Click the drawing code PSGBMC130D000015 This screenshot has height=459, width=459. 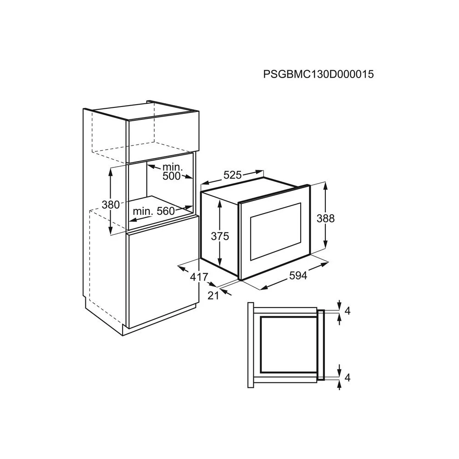pyautogui.click(x=319, y=74)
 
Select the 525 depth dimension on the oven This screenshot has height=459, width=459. pyautogui.click(x=233, y=175)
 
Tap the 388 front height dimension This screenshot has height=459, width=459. pyautogui.click(x=325, y=218)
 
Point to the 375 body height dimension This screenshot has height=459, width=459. pyautogui.click(x=220, y=236)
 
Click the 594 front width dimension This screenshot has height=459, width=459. pyautogui.click(x=298, y=275)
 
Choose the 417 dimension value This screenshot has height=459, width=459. pyautogui.click(x=199, y=277)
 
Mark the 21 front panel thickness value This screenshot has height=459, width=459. pyautogui.click(x=213, y=296)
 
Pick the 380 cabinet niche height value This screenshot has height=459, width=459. pyautogui.click(x=111, y=204)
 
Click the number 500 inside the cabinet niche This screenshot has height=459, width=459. pyautogui.click(x=172, y=176)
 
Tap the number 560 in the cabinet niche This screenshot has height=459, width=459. pyautogui.click(x=166, y=211)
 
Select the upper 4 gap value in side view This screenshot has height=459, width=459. pyautogui.click(x=347, y=311)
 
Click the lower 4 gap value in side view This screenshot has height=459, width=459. pyautogui.click(x=347, y=378)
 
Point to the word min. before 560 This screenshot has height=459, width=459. pyautogui.click(x=143, y=211)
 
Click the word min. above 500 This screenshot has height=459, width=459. pyautogui.click(x=173, y=167)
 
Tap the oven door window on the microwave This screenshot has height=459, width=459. pyautogui.click(x=275, y=231)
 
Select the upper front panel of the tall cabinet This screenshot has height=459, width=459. pyautogui.click(x=163, y=137)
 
